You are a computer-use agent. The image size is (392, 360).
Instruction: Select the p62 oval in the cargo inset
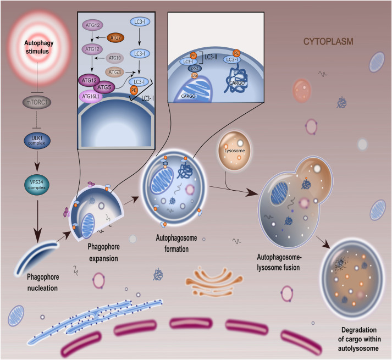point(194,68)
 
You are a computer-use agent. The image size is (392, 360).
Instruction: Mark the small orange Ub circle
point(194,75)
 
